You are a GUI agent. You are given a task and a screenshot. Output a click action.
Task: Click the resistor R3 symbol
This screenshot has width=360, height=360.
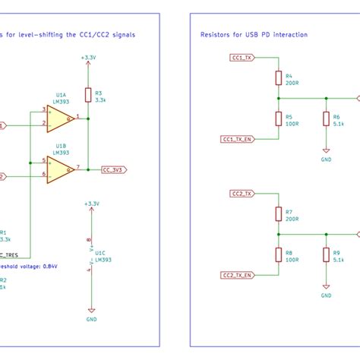coord(89,95)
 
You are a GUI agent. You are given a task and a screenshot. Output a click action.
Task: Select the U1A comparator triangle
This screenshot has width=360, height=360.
coord(59,117)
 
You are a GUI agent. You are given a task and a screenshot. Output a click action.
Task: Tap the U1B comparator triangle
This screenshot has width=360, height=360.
coord(59,168)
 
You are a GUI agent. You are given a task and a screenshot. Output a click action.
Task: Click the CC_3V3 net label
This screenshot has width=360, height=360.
coord(115,171)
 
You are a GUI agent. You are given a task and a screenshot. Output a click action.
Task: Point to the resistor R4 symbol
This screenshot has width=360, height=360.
coord(278,79)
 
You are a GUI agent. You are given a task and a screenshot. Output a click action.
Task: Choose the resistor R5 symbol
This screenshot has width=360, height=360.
coord(278,118)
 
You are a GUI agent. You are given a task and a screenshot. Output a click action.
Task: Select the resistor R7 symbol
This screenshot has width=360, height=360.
coord(278,214)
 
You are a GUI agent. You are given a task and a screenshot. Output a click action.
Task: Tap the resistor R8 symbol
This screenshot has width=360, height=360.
coord(278,254)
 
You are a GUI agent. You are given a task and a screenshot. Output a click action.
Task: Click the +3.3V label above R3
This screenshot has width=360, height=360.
coord(89,58)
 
